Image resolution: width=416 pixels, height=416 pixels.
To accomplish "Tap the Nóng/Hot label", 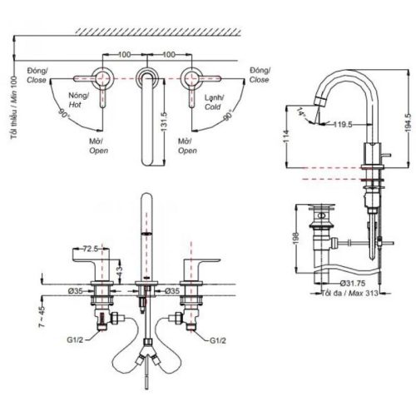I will pos(79,101).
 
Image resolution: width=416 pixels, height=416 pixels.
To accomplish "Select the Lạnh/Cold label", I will pos(215,101).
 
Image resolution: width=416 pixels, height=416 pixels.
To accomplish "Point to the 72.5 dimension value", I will pos(92,248).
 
